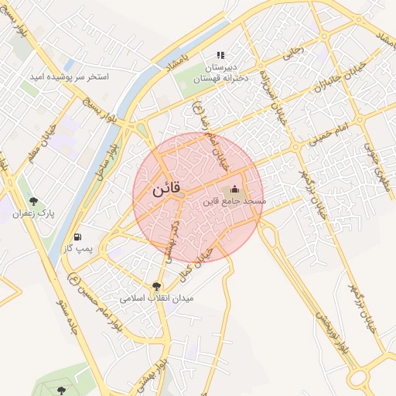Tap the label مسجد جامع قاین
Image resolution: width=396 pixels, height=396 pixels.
[234, 201]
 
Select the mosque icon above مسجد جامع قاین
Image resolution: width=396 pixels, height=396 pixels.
[234, 189]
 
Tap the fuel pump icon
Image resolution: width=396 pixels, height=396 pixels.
[77, 236]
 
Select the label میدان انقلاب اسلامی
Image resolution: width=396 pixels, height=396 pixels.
[157, 297]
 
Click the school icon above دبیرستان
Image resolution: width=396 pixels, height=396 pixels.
[220, 55]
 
